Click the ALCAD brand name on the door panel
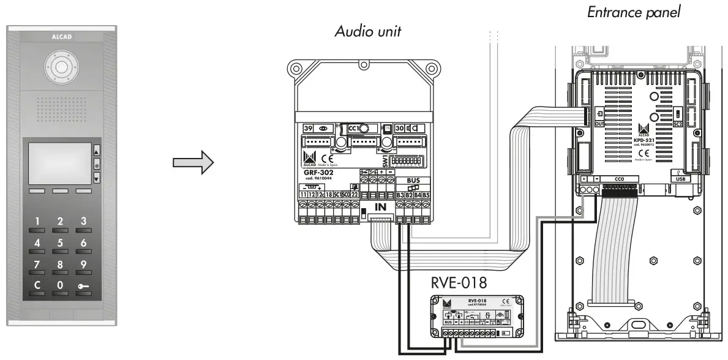point(59,36)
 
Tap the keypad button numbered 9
point(83,265)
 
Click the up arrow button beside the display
point(96,149)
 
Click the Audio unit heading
point(367,32)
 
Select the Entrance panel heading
point(634,12)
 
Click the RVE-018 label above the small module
point(459,283)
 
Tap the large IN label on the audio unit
point(381,208)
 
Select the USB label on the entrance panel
point(678,179)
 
